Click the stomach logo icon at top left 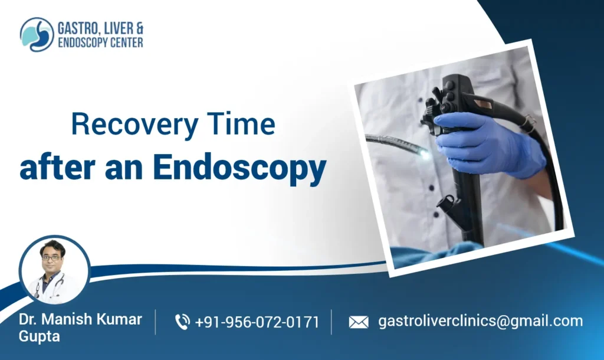pyautogui.click(x=37, y=34)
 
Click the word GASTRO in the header pyautogui.click(x=76, y=28)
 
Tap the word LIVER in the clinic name pyautogui.click(x=118, y=28)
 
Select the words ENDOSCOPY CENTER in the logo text pyautogui.click(x=100, y=42)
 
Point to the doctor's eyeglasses pyautogui.click(x=52, y=257)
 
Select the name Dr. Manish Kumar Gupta pyautogui.click(x=80, y=328)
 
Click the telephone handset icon pyautogui.click(x=182, y=322)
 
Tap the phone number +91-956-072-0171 pyautogui.click(x=257, y=322)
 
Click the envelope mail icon pyautogui.click(x=358, y=322)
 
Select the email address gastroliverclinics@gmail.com pyautogui.click(x=480, y=321)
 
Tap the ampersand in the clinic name pyautogui.click(x=138, y=28)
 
